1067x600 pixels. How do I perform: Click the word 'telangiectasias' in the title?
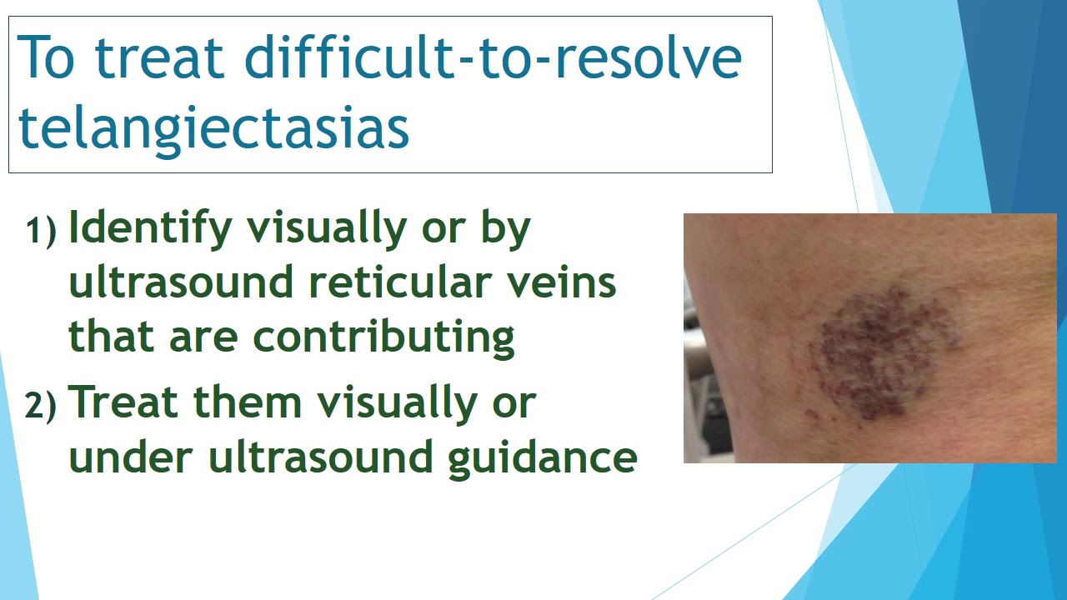tap(214, 127)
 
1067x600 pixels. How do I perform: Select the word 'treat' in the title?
tap(163, 57)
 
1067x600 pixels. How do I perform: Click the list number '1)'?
tap(42, 230)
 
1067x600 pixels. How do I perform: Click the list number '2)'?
tap(42, 406)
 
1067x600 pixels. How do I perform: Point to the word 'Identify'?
tap(149, 228)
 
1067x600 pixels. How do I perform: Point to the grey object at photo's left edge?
tap(694, 350)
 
